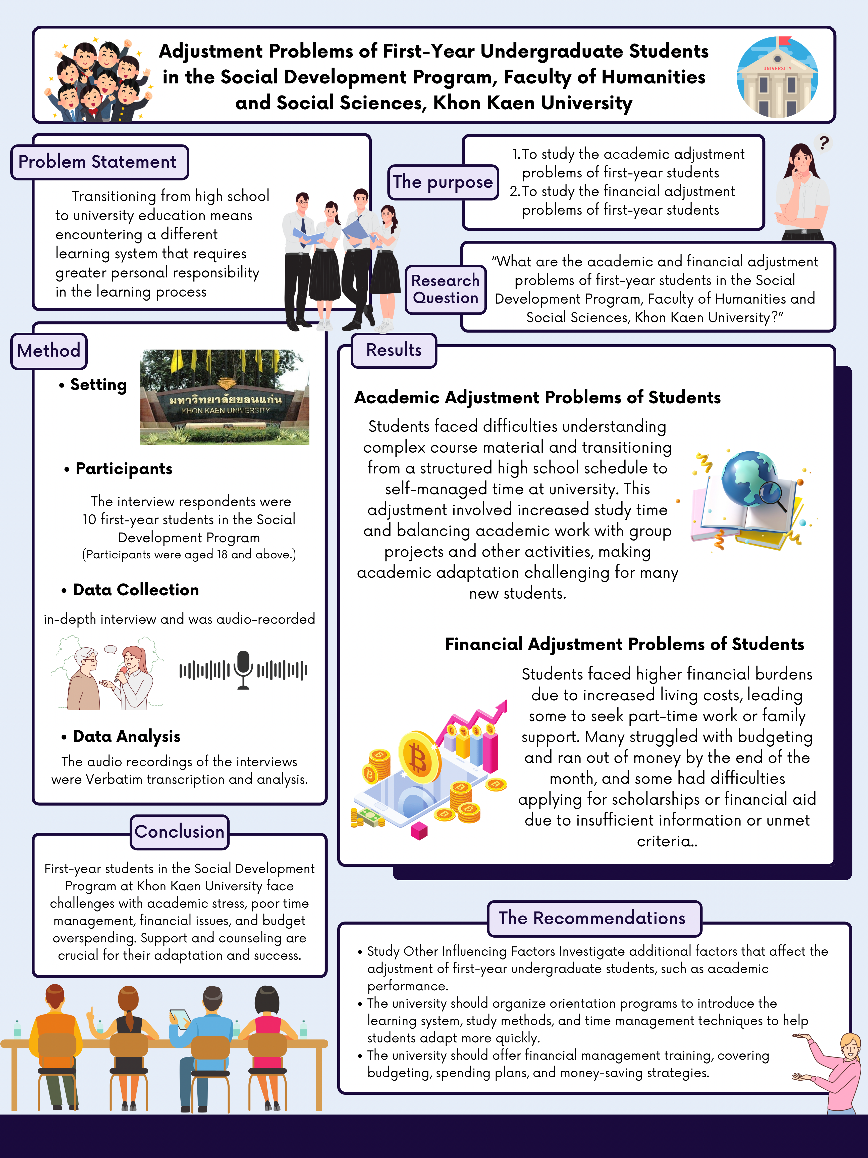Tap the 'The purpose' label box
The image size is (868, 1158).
(x=443, y=182)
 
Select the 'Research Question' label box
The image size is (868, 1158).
(x=445, y=289)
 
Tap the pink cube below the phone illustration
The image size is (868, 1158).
(x=419, y=830)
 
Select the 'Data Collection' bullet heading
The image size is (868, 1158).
(x=136, y=590)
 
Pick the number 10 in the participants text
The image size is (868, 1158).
(x=89, y=520)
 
